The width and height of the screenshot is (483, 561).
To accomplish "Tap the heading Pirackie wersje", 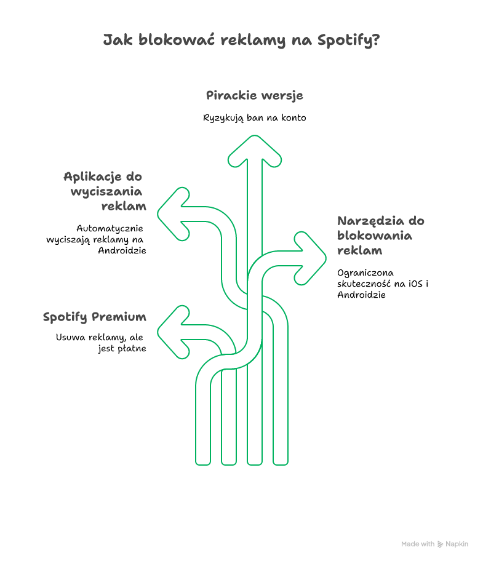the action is (254, 95).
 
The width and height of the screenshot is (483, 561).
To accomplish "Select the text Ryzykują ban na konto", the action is (254, 118).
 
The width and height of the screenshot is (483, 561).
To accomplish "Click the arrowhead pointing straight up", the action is (254, 151).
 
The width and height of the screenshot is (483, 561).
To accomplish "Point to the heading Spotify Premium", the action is (95, 317).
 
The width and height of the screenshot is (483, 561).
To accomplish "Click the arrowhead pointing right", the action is (310, 258).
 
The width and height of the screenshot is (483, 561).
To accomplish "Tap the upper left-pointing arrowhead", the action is (174, 214).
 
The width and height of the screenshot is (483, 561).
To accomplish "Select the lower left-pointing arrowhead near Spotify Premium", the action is (174, 332).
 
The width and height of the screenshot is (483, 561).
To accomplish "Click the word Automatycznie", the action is (110, 229).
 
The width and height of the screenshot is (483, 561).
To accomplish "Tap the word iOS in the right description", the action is (416, 284).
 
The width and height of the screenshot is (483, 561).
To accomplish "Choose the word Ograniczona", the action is (365, 273).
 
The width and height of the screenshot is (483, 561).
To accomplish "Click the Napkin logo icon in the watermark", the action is (440, 544).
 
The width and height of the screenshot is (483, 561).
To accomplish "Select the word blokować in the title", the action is (177, 39).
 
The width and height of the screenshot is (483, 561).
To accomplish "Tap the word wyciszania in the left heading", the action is (106, 192).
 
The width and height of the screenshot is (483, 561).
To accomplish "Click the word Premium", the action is (119, 317).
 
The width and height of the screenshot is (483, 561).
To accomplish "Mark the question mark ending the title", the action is (376, 39).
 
